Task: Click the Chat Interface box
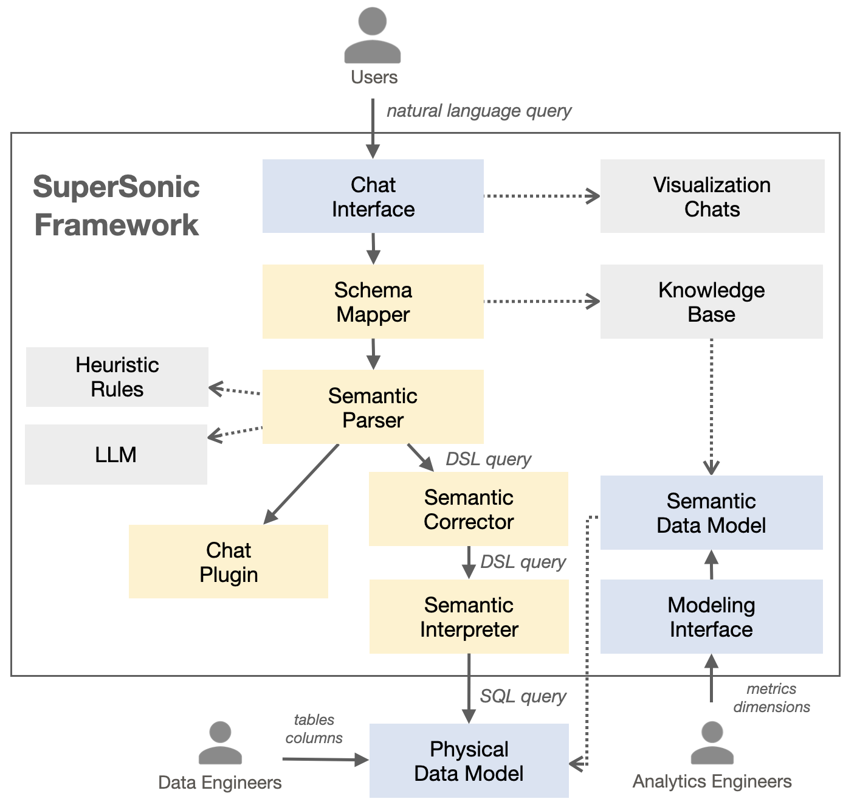373,196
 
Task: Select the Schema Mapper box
373,302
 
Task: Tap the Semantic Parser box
373,407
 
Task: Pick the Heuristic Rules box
117,377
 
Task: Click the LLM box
116,454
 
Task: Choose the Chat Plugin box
229,562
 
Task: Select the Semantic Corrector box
469,509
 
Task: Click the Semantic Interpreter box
469,617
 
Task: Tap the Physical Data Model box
469,761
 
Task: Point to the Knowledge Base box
711,302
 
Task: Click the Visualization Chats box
712,196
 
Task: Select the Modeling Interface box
711,617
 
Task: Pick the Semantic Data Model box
711,513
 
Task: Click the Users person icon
373,36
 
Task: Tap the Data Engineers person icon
220,743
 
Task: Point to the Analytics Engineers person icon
712,742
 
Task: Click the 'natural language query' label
479,111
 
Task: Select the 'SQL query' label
523,696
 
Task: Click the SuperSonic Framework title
116,206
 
